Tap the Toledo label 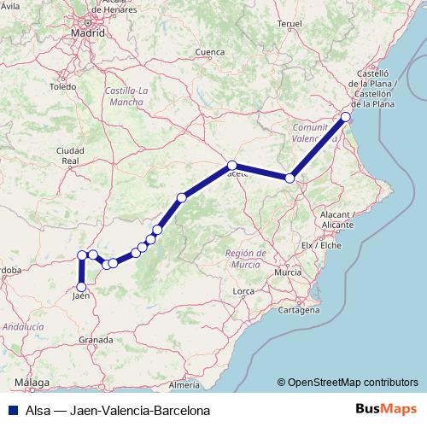coord(62,86)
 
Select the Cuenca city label coord(209,52)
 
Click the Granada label coord(97,339)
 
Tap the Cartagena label coord(298,310)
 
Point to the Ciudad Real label coord(70,155)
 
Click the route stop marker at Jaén coord(81,287)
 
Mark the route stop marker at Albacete coord(231,164)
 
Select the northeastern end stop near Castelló coord(346,117)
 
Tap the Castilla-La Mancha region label coord(126,96)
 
